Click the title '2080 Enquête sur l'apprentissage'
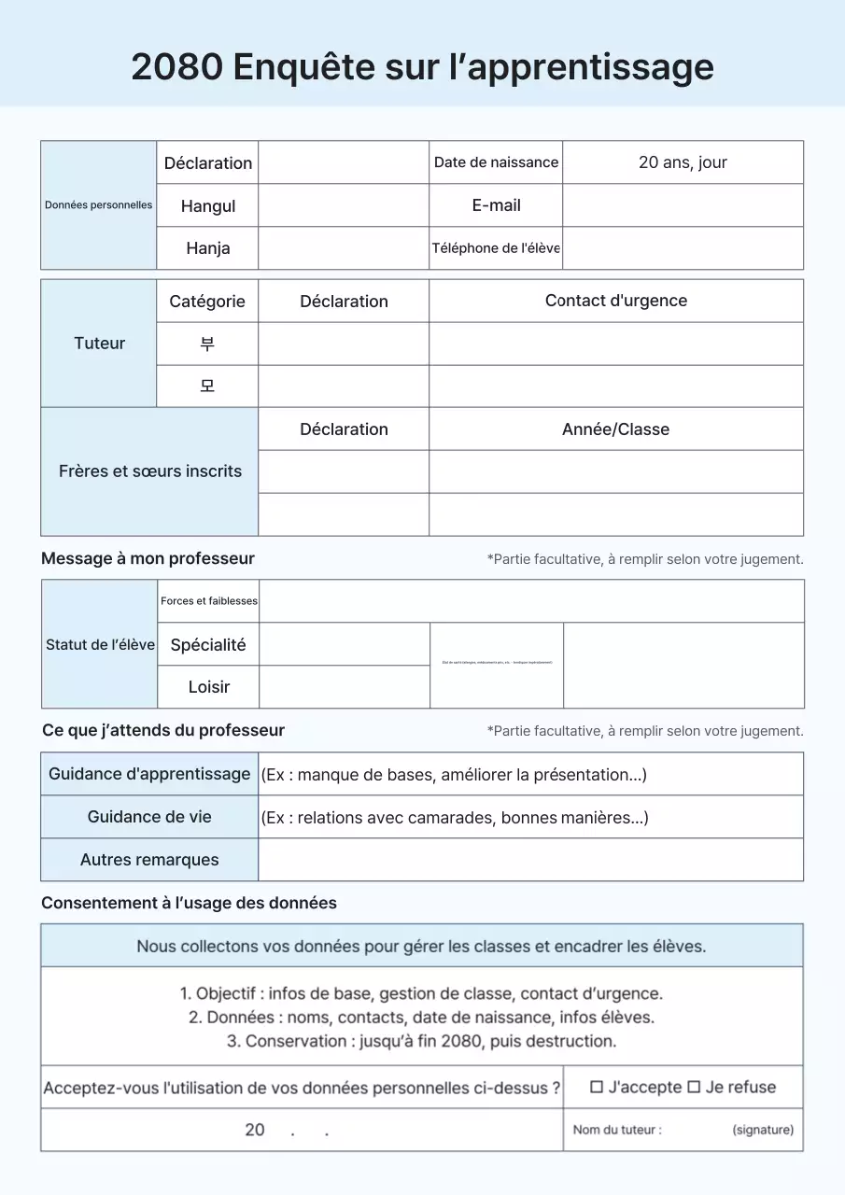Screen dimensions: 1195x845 coord(422,67)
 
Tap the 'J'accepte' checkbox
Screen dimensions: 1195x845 coord(597,1087)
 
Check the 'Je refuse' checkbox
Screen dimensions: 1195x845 coord(694,1087)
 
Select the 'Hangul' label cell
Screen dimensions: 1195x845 coord(207,206)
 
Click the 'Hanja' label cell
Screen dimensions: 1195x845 coord(207,248)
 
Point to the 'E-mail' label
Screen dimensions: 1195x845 coord(496,205)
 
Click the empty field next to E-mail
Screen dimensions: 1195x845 coord(683,205)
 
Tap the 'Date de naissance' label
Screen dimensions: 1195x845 coord(496,162)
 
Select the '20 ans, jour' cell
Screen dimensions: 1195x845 coord(683,162)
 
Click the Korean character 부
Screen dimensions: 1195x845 coord(207,344)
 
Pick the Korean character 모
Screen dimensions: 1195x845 coord(207,386)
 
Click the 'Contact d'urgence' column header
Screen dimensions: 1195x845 coord(615,301)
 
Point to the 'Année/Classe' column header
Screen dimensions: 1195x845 coord(615,429)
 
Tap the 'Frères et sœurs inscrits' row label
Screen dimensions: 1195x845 coord(149,471)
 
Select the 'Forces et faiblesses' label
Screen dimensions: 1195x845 coord(208,601)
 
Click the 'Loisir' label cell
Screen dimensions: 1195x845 coord(208,687)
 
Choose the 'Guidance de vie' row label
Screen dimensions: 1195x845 coord(149,817)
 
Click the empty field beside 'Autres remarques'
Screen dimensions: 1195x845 coord(530,860)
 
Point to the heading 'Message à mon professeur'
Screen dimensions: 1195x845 coord(148,558)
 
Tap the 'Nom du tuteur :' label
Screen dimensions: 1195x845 coord(617,1130)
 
